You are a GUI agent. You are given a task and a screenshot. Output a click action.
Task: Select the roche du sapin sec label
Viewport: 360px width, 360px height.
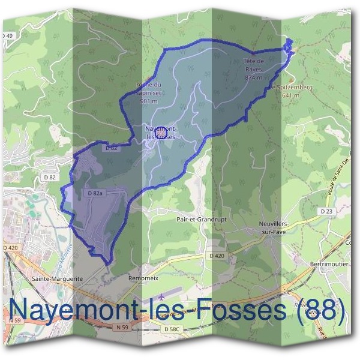[x=148, y=88]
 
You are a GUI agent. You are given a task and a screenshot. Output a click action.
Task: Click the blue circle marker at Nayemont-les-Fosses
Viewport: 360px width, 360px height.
[x=160, y=131]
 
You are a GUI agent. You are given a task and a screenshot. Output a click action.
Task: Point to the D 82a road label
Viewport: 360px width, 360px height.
[x=96, y=193]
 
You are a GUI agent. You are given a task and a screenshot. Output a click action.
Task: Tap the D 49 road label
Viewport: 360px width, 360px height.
[x=7, y=37]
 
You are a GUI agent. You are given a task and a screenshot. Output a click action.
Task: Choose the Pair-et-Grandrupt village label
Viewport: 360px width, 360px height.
[x=202, y=220]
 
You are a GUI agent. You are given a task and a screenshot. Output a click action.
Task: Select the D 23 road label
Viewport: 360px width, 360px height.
[x=326, y=211]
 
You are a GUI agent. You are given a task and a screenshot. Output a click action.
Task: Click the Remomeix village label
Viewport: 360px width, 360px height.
[x=142, y=278]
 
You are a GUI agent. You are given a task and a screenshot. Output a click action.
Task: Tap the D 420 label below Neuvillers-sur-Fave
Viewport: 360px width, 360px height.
[x=218, y=256]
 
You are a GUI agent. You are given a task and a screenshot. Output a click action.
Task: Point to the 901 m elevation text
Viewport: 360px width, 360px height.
[x=148, y=101]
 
